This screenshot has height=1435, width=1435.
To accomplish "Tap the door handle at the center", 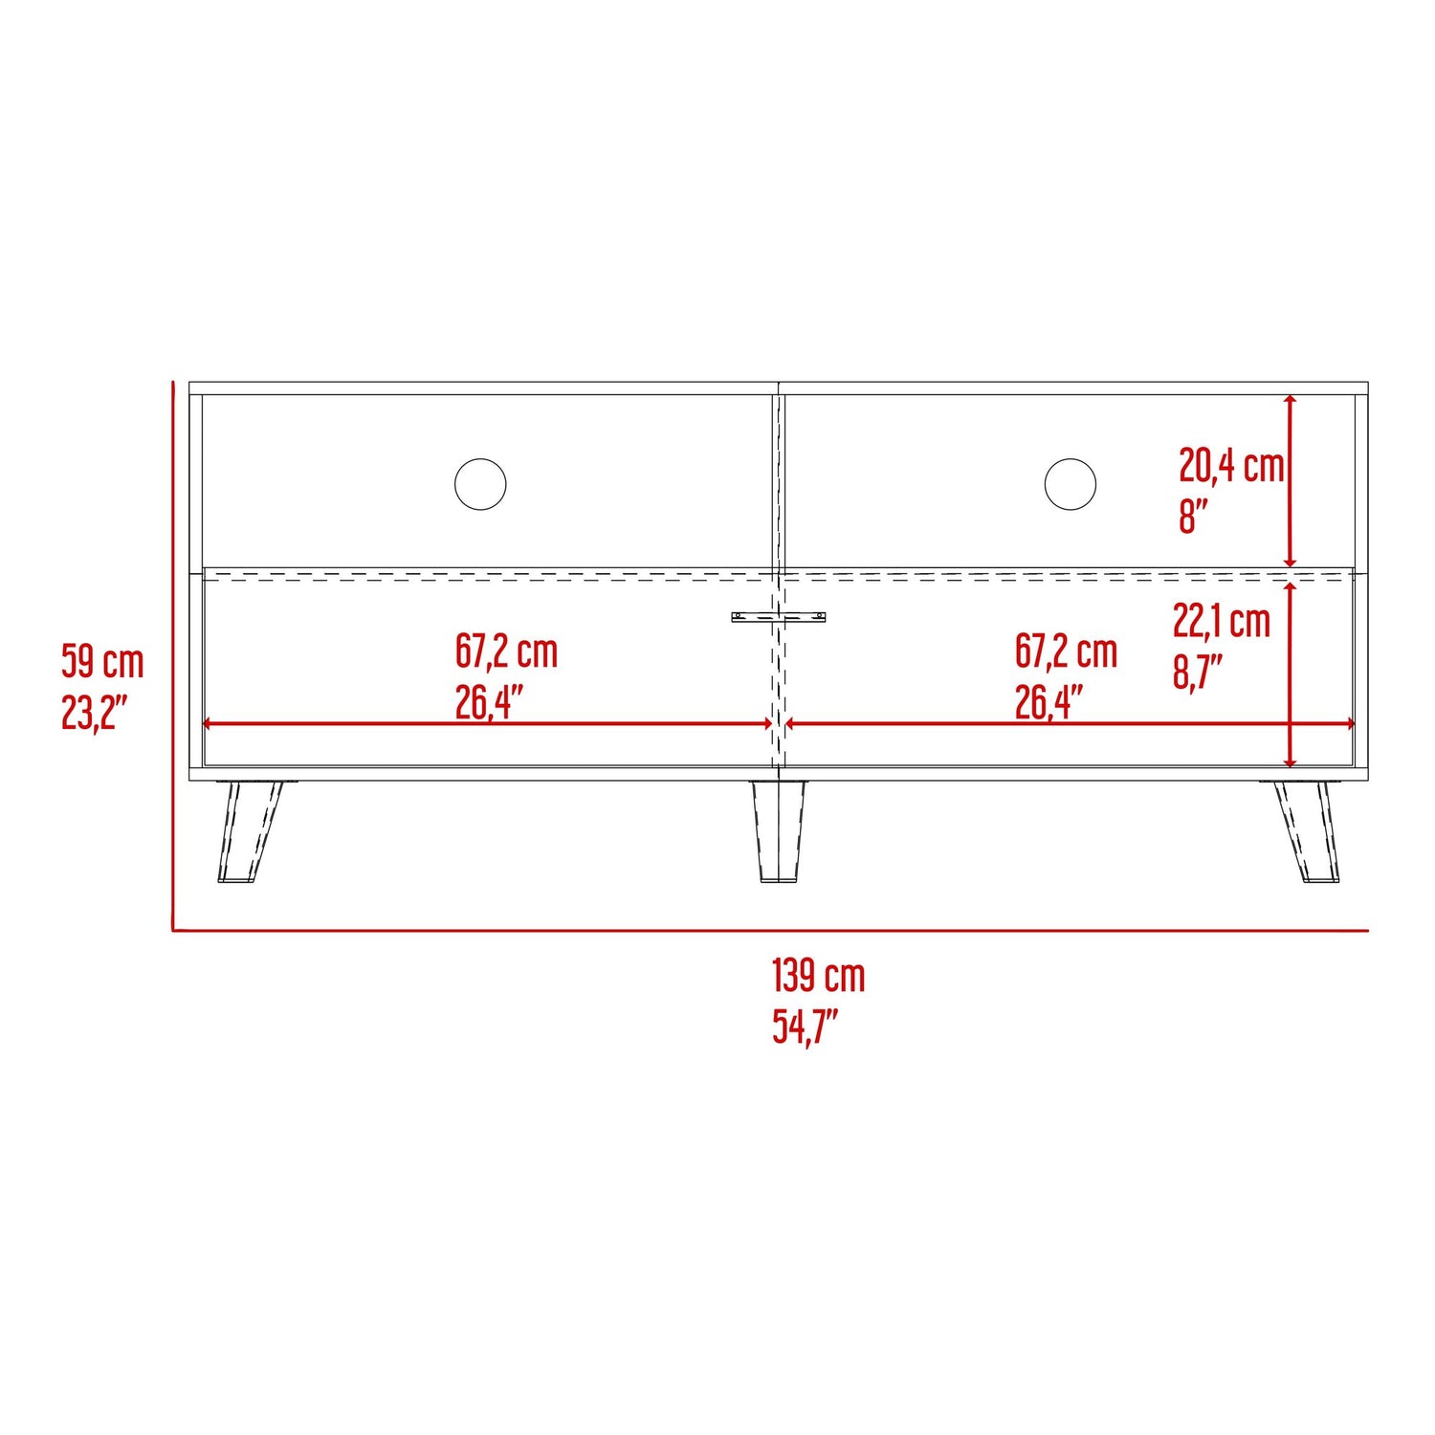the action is point(779,617).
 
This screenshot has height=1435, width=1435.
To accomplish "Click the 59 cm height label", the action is point(102,661).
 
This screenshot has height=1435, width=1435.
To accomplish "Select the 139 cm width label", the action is point(819,976).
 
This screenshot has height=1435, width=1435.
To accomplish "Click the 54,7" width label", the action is point(806,1027).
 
